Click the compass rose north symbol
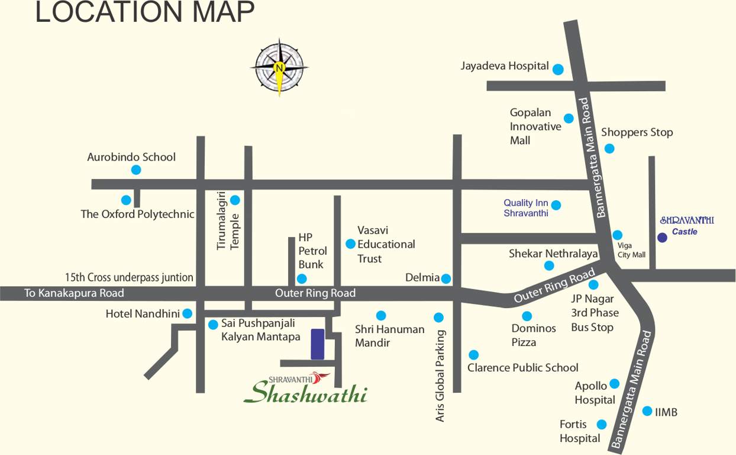click(x=279, y=68)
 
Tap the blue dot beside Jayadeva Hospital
click(x=558, y=69)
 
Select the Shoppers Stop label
click(x=637, y=132)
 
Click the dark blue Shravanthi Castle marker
click(x=662, y=238)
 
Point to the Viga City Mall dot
click(x=617, y=235)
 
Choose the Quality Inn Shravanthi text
click(x=526, y=208)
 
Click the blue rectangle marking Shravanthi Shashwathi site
click(x=318, y=344)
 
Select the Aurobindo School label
click(x=131, y=157)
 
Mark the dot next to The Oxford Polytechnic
click(x=126, y=200)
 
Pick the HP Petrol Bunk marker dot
click(x=302, y=278)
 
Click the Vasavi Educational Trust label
click(x=386, y=244)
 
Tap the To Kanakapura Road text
click(x=74, y=293)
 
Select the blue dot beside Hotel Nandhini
click(x=188, y=313)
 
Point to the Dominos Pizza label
click(x=533, y=335)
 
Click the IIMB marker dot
click(x=647, y=411)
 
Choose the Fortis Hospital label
click(x=579, y=431)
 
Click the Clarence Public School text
click(x=522, y=367)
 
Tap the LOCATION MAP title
click(x=145, y=12)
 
